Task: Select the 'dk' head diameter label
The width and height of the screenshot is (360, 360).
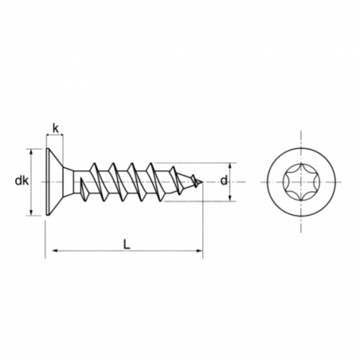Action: pyautogui.click(x=22, y=182)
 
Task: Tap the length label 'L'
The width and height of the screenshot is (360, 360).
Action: pyautogui.click(x=127, y=244)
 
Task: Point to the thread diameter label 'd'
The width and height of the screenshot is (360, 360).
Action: pyautogui.click(x=224, y=182)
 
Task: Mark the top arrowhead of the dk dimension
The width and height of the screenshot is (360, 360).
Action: pyautogui.click(x=33, y=152)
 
